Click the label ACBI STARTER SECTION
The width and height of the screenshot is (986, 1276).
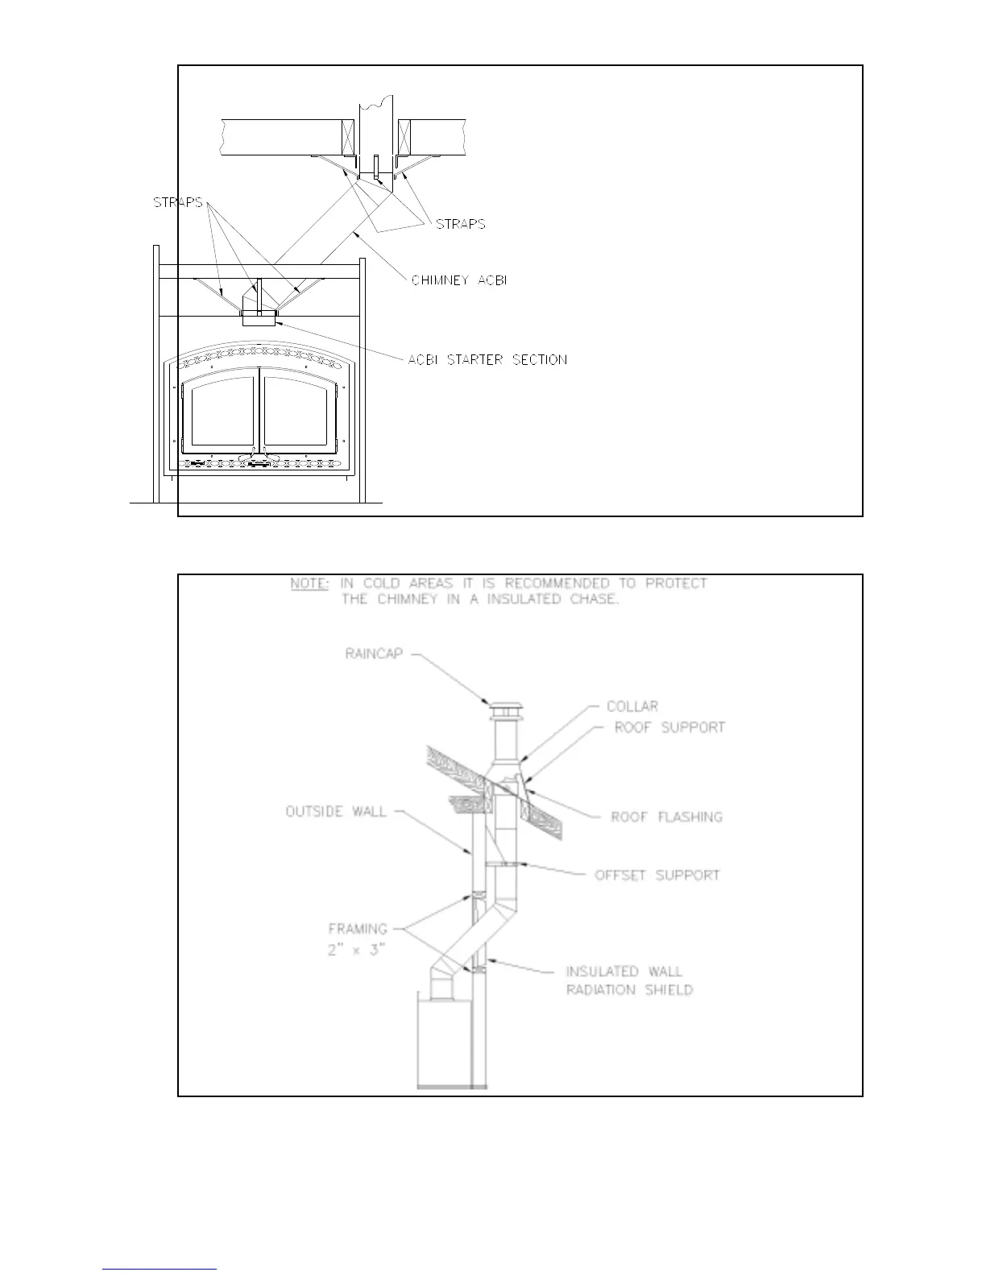tap(487, 359)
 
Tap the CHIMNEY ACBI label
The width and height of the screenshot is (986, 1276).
tap(459, 280)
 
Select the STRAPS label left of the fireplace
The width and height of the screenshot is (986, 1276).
tap(178, 202)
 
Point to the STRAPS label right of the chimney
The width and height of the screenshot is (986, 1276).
tap(461, 224)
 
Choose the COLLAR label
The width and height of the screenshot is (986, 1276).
tap(632, 706)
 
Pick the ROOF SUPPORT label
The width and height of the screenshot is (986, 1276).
tap(670, 727)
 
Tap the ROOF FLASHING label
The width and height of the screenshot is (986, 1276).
tap(667, 817)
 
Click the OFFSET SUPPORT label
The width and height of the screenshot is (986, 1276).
tap(657, 875)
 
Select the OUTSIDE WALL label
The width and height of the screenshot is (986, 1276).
tap(336, 811)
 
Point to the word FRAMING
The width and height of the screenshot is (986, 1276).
tap(358, 929)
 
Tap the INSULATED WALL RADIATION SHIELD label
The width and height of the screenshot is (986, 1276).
tap(628, 980)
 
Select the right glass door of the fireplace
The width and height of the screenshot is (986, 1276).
tap(302, 412)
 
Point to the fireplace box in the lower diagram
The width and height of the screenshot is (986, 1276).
tap(442, 1041)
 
